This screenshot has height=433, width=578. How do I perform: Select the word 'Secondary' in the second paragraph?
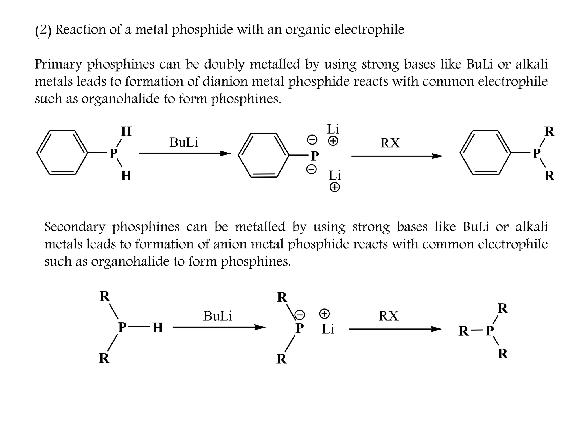point(75,227)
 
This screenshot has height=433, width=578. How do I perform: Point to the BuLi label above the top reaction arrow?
point(184,142)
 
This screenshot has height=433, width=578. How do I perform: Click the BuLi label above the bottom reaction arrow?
point(218,316)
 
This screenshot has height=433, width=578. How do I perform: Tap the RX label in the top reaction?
point(390,143)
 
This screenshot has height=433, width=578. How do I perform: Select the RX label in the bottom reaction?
point(388,316)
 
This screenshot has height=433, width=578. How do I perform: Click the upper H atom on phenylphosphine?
point(126,131)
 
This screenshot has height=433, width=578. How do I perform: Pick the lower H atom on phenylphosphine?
point(126,176)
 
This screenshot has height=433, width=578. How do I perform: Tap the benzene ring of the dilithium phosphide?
point(264,155)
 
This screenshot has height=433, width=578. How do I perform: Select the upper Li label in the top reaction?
point(333,129)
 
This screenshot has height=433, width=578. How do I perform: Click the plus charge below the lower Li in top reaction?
point(335,187)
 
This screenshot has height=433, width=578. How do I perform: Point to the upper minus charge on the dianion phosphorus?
point(312,140)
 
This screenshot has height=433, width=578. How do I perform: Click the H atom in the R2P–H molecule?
point(157,328)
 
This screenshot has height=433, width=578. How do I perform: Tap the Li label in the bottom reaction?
point(328,329)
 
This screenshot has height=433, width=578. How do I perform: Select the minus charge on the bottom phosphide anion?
point(299,314)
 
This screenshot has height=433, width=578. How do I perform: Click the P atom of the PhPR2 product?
point(537,154)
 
